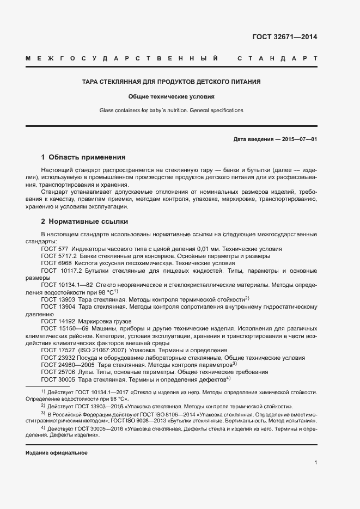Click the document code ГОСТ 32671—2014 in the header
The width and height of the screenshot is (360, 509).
[284, 37]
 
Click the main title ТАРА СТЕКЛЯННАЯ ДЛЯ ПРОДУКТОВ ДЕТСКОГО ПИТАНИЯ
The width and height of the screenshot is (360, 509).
[171, 82]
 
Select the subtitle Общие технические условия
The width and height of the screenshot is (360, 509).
[171, 97]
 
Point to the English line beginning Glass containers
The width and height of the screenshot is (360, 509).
[171, 111]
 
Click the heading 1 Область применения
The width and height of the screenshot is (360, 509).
[83, 157]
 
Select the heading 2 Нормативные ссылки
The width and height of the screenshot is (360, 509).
[84, 222]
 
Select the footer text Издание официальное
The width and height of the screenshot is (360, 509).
[57, 453]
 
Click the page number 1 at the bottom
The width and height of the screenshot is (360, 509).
[315, 463]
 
